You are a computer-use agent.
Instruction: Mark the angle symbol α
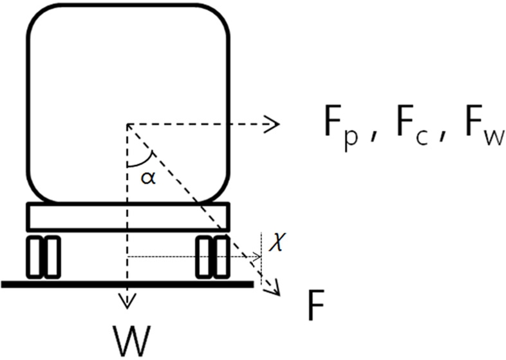[x=149, y=178]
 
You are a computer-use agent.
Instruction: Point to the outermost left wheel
[x=34, y=257]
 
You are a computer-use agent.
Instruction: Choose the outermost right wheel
[x=221, y=257]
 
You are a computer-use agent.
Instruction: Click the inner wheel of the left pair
[x=52, y=257]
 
